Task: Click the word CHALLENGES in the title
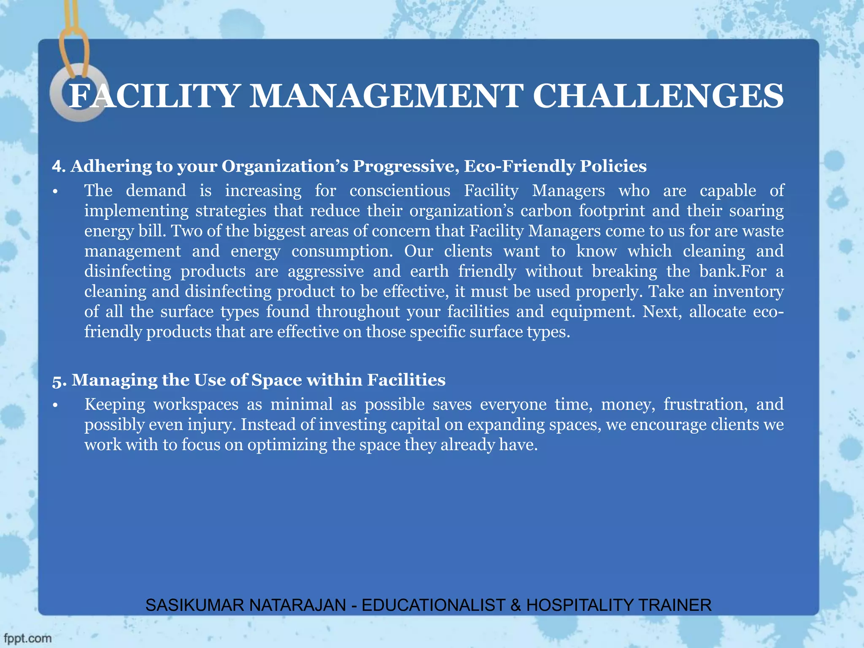[658, 96]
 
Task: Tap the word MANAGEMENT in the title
[386, 96]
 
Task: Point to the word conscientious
[400, 191]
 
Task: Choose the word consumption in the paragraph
[342, 251]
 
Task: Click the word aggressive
[326, 271]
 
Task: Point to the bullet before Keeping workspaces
[55, 405]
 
